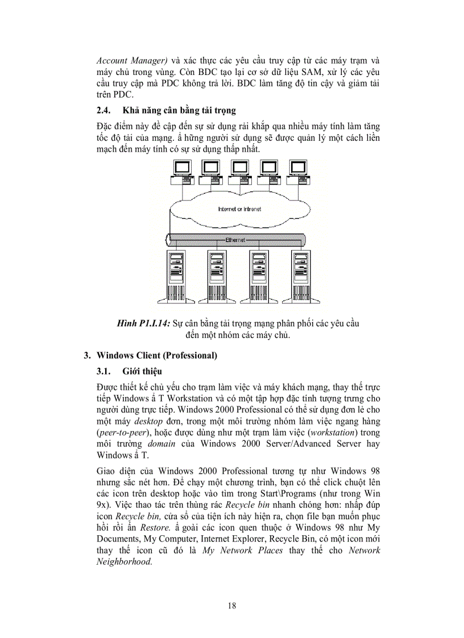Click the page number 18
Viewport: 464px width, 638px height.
(232, 605)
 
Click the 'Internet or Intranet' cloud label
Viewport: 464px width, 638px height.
(239, 209)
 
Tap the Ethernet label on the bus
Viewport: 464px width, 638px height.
(235, 240)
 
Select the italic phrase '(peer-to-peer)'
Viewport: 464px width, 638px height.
(122, 432)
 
